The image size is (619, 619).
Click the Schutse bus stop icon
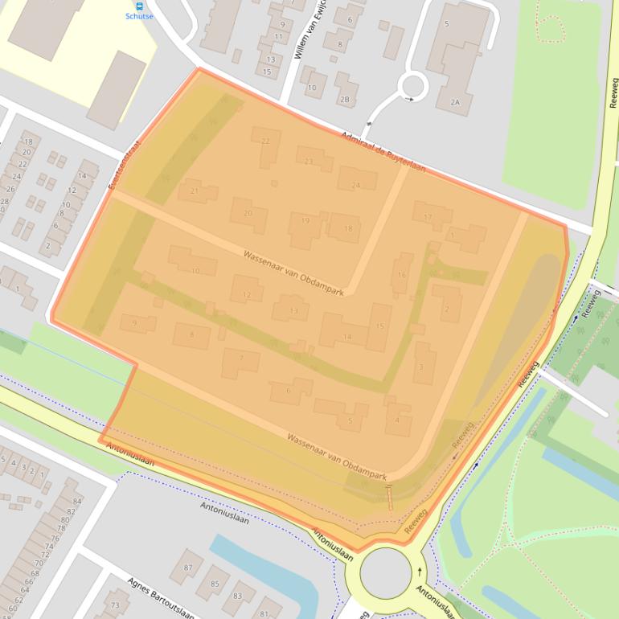pos(140,6)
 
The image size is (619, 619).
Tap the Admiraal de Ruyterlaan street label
pos(383,153)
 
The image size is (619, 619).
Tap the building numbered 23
pos(314,159)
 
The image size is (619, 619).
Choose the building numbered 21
pos(198,192)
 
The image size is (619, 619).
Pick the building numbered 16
pos(401,274)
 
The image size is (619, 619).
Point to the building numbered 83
pos(237,596)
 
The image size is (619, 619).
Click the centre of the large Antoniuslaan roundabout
pos(385,572)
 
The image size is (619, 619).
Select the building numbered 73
pos(117,605)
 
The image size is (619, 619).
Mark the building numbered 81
pos(266,609)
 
